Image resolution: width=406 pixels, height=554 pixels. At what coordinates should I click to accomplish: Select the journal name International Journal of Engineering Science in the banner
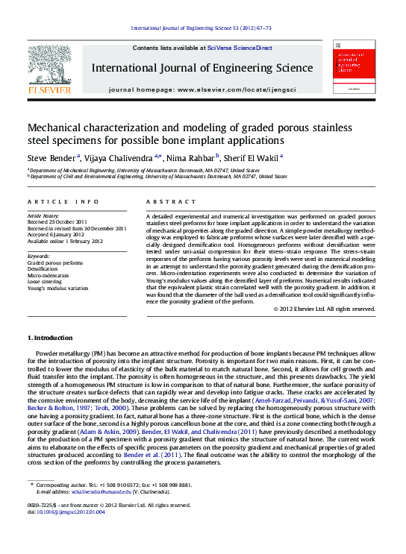(x=202, y=69)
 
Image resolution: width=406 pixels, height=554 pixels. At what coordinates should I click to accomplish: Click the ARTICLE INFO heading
(x=63, y=202)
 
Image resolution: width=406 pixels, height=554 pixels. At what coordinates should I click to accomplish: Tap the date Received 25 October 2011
(x=57, y=222)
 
